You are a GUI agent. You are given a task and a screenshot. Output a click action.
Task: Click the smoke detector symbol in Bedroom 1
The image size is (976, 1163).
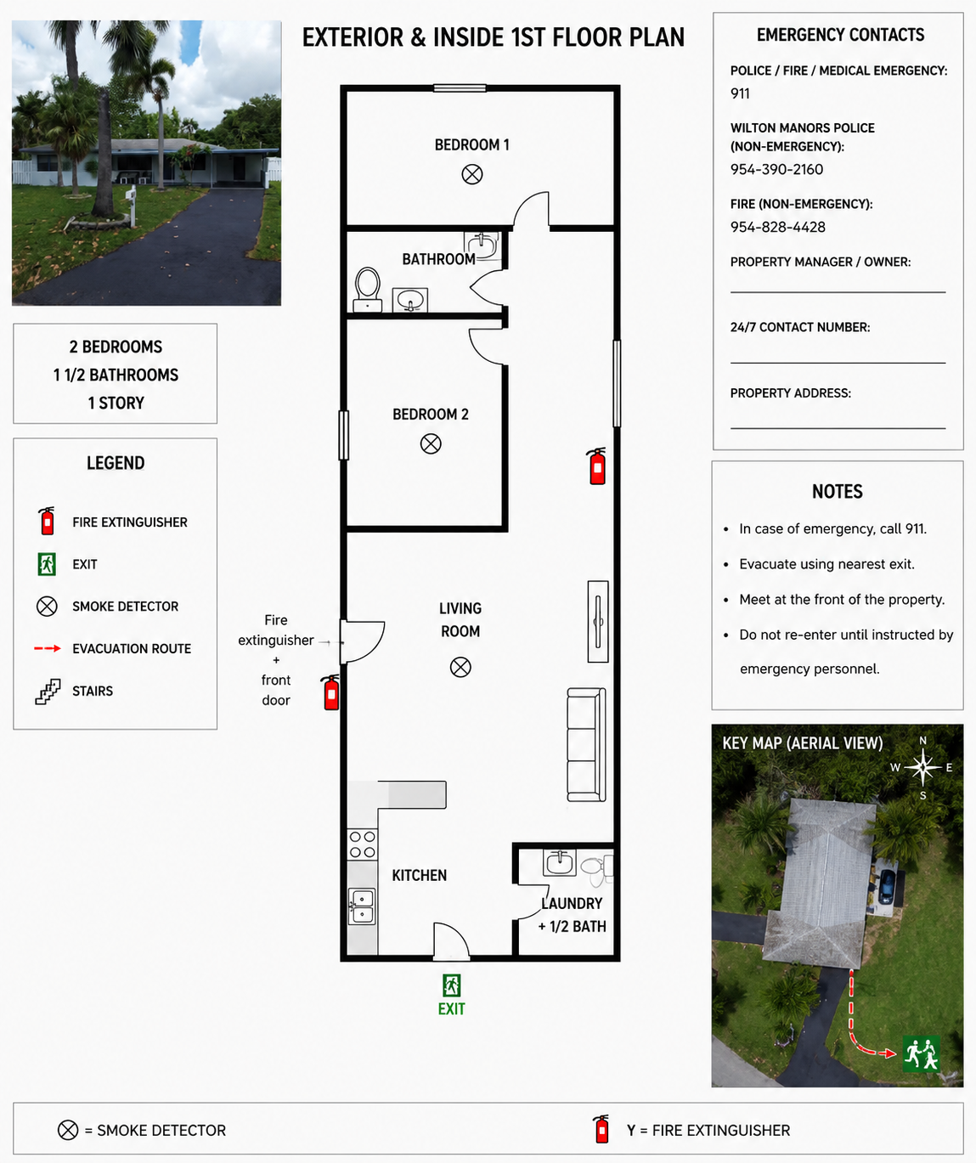tap(471, 174)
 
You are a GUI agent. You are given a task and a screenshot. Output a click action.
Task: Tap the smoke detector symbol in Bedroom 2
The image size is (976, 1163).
tap(430, 444)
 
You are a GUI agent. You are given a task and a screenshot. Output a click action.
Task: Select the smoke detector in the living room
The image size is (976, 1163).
tap(460, 667)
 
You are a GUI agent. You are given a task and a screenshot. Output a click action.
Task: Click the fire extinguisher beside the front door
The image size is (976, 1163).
tap(330, 692)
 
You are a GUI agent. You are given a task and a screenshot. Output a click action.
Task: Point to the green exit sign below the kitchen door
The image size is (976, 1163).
tap(451, 986)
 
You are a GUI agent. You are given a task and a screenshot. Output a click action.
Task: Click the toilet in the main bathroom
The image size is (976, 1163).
tap(368, 290)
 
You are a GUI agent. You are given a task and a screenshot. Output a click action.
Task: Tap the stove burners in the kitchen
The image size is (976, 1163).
tap(362, 844)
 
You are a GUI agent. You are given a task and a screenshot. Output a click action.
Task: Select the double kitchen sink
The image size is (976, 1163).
tap(362, 906)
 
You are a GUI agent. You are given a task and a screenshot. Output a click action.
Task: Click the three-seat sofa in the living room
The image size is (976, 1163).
tap(586, 745)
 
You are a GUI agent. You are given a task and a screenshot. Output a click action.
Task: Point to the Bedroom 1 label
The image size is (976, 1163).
tap(471, 144)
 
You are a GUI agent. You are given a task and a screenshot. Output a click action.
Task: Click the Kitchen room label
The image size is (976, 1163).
tap(419, 876)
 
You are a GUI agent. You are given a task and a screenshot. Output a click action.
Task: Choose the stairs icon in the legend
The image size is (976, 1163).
tap(48, 692)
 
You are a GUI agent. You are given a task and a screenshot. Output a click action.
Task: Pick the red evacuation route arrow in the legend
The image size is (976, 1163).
tap(48, 648)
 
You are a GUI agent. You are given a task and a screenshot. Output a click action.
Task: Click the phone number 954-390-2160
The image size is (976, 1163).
tap(776, 169)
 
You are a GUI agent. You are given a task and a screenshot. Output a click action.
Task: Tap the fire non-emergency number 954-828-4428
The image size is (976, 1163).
tap(778, 228)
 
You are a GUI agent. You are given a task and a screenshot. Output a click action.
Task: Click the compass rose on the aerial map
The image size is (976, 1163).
tap(922, 767)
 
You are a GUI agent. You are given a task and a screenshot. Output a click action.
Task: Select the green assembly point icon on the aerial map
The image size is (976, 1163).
tap(922, 1053)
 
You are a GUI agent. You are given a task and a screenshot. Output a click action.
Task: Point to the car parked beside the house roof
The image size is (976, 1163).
tap(886, 886)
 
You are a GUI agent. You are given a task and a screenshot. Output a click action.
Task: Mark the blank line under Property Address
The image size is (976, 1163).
tap(838, 428)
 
